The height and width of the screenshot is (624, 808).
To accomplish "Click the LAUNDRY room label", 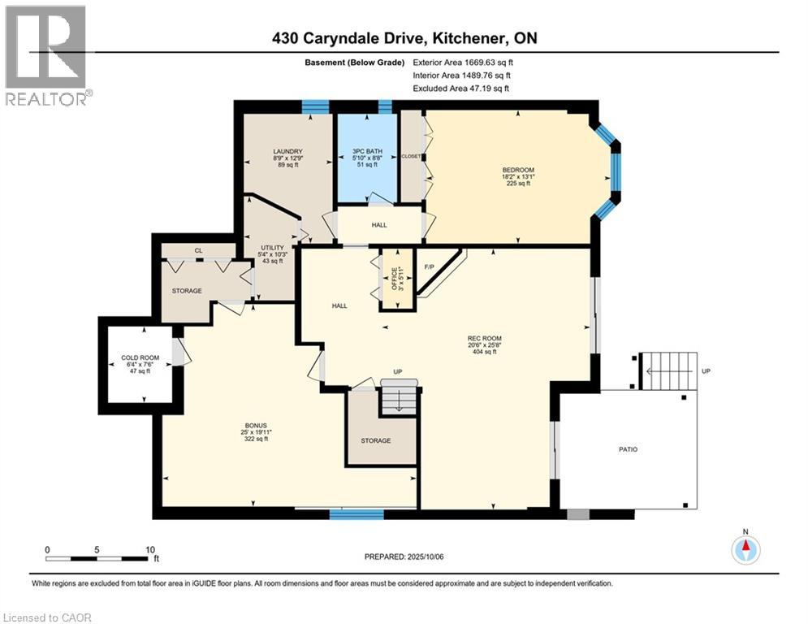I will [288, 151].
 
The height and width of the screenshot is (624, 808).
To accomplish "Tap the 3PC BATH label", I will [366, 151].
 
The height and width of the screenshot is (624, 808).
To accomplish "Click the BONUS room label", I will [256, 425].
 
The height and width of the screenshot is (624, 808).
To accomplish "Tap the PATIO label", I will [628, 448].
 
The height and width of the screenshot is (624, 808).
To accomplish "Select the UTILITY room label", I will [272, 249].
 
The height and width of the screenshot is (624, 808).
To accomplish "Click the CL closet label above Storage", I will [198, 251].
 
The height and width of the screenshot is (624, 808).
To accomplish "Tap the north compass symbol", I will [745, 550].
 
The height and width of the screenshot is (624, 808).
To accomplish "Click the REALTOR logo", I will [46, 55].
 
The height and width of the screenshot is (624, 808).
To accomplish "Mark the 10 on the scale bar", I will [150, 549].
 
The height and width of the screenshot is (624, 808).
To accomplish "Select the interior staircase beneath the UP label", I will [400, 399].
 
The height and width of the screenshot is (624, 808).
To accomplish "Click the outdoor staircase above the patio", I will [668, 370].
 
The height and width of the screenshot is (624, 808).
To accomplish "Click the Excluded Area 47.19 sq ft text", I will [461, 88].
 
